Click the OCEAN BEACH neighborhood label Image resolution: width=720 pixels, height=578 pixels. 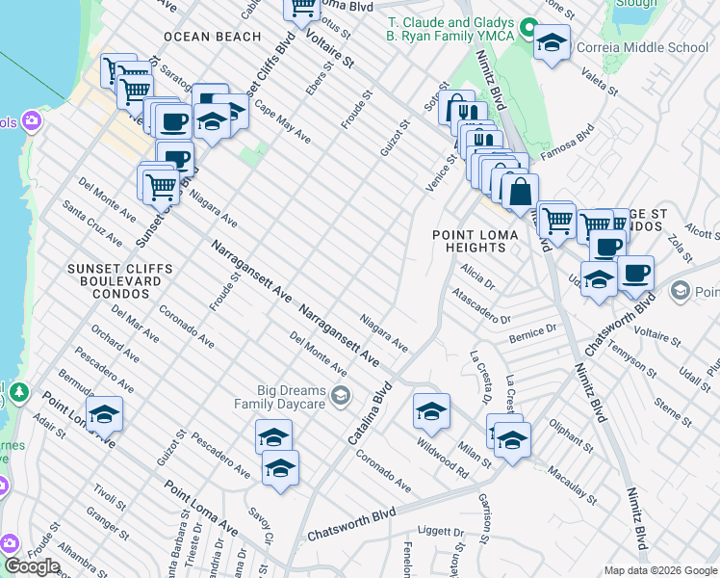tap(212, 37)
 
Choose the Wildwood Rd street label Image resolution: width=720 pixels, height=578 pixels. tap(442, 458)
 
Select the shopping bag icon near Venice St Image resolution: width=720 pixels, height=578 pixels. tap(520, 192)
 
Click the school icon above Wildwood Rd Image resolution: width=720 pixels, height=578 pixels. tap(431, 411)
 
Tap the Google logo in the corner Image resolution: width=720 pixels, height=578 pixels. tap(32, 566)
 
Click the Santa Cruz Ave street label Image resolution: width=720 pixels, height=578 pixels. tap(91, 223)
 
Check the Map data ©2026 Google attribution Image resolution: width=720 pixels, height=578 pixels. tap(660, 570)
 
